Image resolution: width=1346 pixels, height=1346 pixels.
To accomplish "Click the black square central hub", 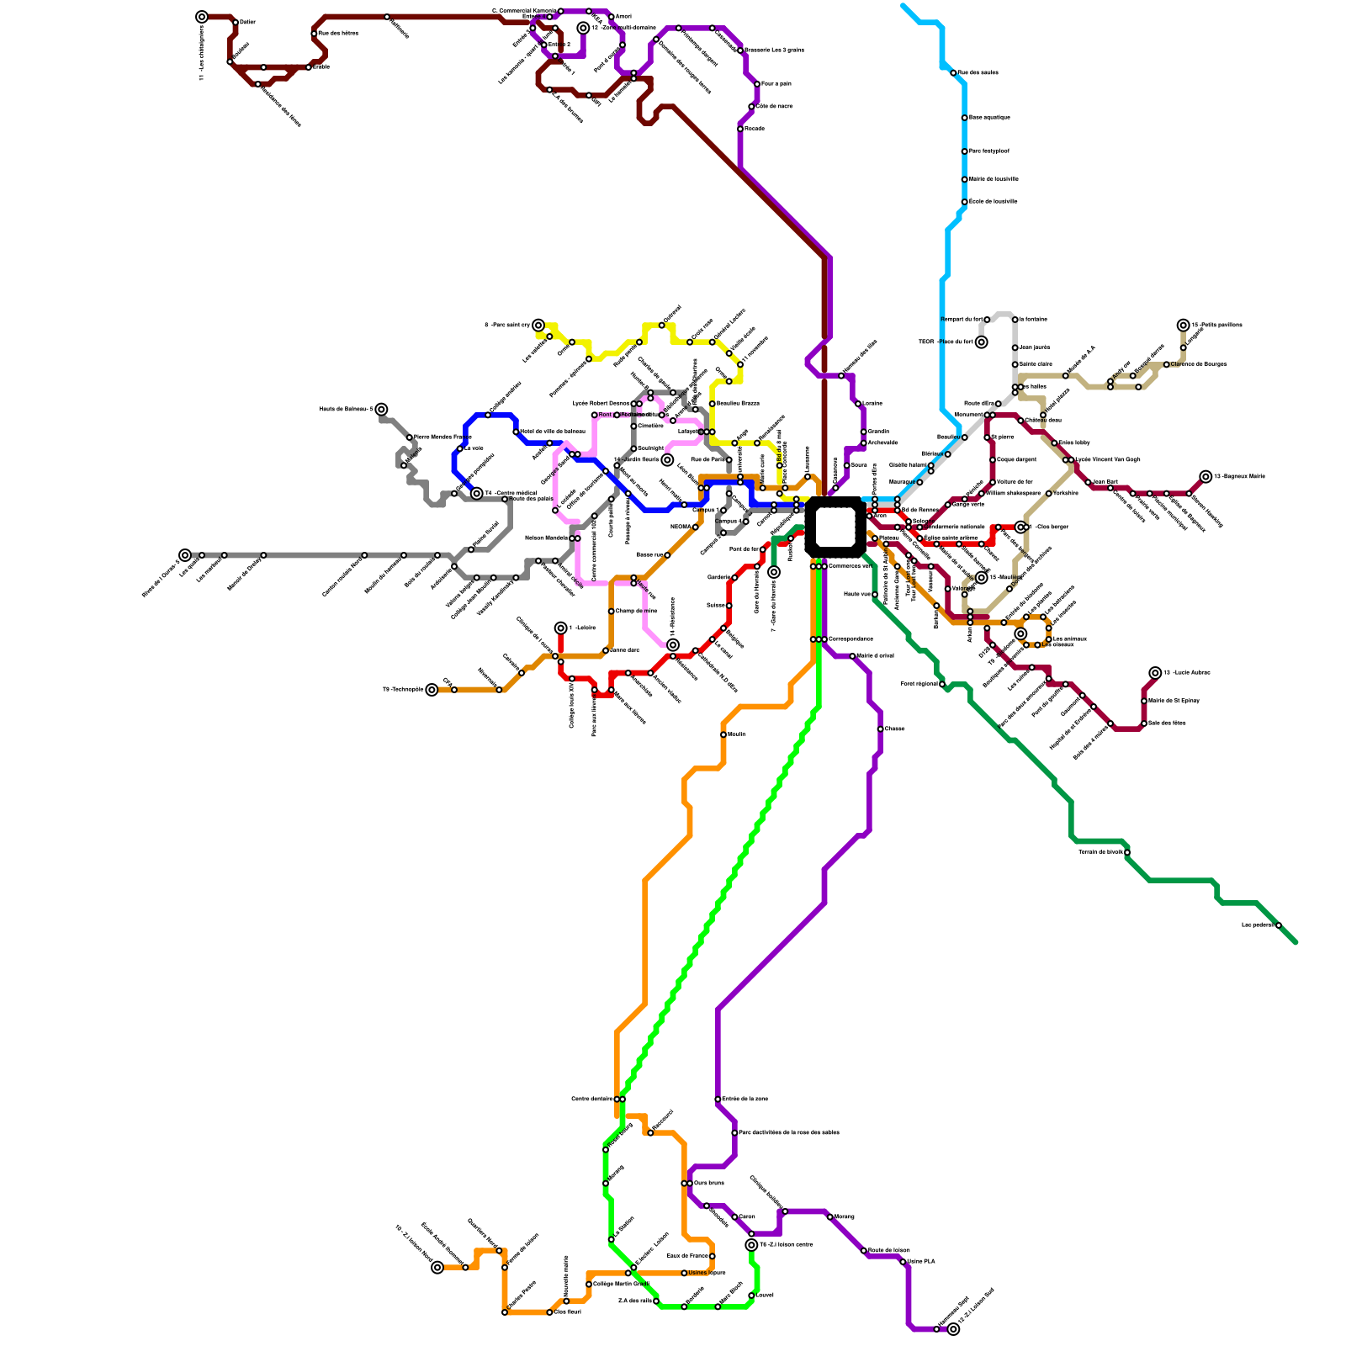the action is tap(835, 527).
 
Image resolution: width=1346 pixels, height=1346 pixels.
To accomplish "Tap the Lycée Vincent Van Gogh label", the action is tap(1107, 459).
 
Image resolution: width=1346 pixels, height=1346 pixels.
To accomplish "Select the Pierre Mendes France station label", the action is tap(442, 437).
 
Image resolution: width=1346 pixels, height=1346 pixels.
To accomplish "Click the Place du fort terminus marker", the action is tap(981, 342).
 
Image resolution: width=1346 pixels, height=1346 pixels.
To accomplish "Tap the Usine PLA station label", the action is tap(921, 1262).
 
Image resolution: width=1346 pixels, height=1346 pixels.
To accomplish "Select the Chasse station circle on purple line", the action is tap(880, 729).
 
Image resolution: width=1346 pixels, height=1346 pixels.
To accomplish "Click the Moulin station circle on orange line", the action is tap(723, 734).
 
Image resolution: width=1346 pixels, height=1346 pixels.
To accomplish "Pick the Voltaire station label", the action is tap(1066, 493).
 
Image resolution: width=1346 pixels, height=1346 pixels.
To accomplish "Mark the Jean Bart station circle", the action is tap(1088, 483).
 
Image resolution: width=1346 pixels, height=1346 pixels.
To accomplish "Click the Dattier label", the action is tap(247, 22).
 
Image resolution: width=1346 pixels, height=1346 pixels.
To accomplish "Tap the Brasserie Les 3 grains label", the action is tap(774, 50).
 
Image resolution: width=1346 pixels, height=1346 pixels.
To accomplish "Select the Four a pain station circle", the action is tap(757, 84).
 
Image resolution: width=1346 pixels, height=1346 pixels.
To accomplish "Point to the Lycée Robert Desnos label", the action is tap(601, 404).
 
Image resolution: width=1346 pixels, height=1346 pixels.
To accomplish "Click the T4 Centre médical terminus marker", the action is tap(477, 494).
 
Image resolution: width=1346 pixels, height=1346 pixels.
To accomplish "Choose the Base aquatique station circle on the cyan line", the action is tap(964, 118).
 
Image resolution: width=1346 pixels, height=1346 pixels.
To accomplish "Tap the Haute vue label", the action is tap(856, 594).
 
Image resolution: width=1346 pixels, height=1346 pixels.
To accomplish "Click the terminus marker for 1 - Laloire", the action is tap(561, 628).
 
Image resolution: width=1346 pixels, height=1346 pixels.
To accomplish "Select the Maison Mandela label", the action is tap(546, 538).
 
